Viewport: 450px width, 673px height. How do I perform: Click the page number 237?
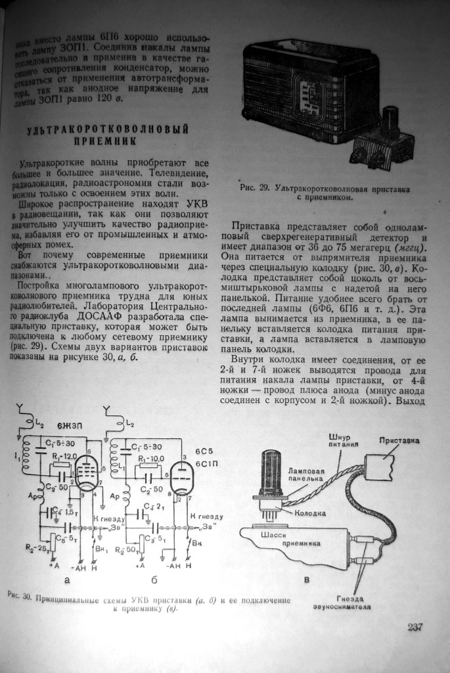414,627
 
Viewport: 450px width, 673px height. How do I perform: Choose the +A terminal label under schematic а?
54,565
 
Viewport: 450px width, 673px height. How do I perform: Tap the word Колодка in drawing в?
311,513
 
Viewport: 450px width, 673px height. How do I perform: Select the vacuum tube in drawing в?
272,473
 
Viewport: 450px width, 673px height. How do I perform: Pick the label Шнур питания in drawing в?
342,440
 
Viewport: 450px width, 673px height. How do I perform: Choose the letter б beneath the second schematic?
153,580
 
